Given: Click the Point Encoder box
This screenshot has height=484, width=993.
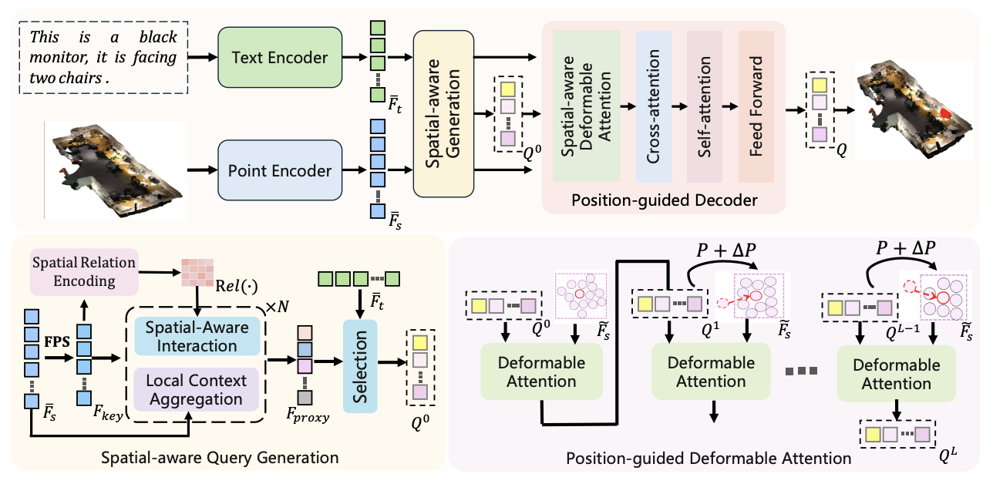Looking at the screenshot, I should [x=280, y=170].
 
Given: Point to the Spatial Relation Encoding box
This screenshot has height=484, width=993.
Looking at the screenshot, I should [x=83, y=272].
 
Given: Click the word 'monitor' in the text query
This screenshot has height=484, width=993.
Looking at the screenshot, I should [x=58, y=57].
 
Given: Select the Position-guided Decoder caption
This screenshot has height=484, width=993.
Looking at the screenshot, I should [x=665, y=201].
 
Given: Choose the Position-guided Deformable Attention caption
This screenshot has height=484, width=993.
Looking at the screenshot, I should [x=709, y=459].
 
